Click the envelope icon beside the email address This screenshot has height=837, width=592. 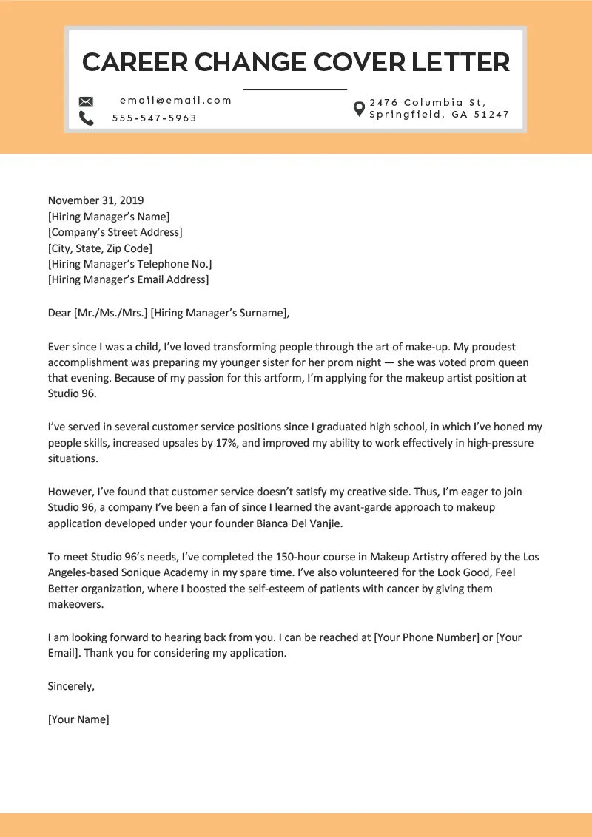pyautogui.click(x=87, y=101)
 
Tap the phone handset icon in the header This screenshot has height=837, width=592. pyautogui.click(x=87, y=118)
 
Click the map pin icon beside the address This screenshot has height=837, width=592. pyautogui.click(x=359, y=109)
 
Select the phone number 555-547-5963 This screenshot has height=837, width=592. pyautogui.click(x=155, y=118)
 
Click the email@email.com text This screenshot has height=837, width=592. pyautogui.click(x=176, y=101)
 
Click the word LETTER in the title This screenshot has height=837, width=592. pyautogui.click(x=460, y=62)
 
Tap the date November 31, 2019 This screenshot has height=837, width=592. pyautogui.click(x=96, y=200)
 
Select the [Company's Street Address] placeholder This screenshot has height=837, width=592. pyautogui.click(x=115, y=232)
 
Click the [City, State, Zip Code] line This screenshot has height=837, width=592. pyautogui.click(x=100, y=248)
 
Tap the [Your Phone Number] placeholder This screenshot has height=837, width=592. pyautogui.click(x=427, y=637)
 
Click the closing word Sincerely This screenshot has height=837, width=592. pyautogui.click(x=71, y=686)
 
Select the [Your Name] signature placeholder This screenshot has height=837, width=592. pyautogui.click(x=78, y=719)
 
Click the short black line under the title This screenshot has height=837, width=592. pyautogui.click(x=295, y=89)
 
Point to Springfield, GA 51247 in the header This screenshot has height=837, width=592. pyautogui.click(x=440, y=115)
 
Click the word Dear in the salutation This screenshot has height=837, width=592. pyautogui.click(x=59, y=313)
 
